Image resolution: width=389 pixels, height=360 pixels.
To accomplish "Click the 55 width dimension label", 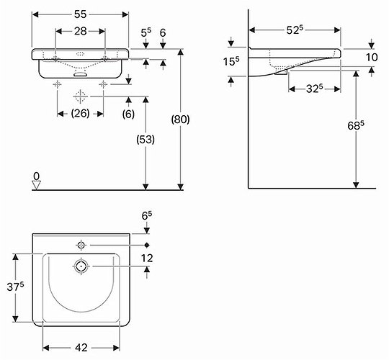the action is (81, 14).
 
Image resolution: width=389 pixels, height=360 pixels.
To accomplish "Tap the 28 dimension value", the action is (81, 31).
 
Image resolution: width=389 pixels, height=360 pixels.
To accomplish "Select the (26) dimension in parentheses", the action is (80, 114).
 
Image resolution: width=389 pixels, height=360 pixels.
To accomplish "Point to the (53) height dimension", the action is (146, 140).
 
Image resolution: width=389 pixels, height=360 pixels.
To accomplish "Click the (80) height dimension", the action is (180, 120).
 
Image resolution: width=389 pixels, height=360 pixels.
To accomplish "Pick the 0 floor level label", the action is (37, 176).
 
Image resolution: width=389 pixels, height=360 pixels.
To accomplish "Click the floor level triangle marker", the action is (37, 186).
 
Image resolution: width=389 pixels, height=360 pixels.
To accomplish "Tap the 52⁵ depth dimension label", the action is (295, 30).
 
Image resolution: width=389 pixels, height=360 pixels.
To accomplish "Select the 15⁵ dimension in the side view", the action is (231, 61).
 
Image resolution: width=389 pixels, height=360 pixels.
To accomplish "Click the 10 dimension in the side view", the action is (372, 58).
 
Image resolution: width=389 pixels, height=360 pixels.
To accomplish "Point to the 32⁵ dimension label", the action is (314, 89).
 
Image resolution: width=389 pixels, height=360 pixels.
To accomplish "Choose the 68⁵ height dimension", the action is (356, 126).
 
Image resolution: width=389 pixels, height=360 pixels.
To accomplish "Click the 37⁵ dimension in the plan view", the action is (15, 287).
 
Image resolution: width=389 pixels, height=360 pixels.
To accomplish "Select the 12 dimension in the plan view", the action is (147, 258).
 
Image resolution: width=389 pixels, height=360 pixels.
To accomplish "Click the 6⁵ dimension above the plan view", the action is (147, 215).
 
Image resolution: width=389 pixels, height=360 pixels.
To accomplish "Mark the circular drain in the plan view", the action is (81, 266).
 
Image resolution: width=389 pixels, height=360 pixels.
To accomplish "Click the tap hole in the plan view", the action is (81, 246).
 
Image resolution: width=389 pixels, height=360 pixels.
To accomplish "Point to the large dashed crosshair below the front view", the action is (81, 96).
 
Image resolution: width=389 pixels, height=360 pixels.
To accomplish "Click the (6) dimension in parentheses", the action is (128, 114).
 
